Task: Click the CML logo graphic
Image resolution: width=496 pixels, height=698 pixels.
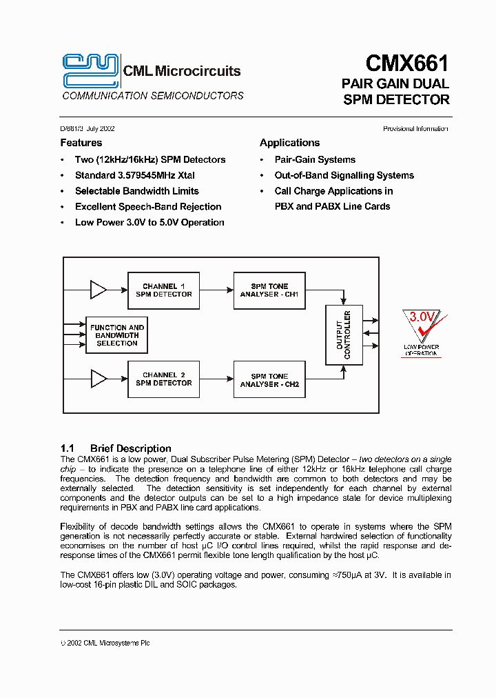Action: pyautogui.click(x=90, y=70)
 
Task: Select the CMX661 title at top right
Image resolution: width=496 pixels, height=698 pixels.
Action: pyautogui.click(x=406, y=64)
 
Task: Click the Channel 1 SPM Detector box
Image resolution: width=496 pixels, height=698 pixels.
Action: pyautogui.click(x=164, y=290)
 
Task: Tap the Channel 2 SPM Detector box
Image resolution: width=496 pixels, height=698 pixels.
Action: pyautogui.click(x=164, y=379)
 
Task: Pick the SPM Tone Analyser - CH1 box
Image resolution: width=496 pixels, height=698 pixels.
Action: pyautogui.click(x=269, y=290)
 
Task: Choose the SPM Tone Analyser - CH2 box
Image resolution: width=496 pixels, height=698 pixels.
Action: pyautogui.click(x=269, y=380)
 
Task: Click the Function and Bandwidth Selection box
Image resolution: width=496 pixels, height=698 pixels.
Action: pyautogui.click(x=117, y=335)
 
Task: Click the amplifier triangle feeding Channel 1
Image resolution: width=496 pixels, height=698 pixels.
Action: pyautogui.click(x=99, y=290)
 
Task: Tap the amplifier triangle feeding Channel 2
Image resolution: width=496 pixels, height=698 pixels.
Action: pyautogui.click(x=99, y=379)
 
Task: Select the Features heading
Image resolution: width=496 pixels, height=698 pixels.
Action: pyautogui.click(x=81, y=143)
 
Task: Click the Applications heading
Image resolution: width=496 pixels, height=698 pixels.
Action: pyautogui.click(x=289, y=143)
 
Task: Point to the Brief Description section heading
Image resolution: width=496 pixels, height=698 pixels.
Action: pyautogui.click(x=130, y=448)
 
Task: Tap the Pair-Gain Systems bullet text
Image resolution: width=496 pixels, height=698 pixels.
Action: pyautogui.click(x=315, y=159)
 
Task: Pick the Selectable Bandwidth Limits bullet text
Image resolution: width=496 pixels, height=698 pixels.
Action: pyautogui.click(x=136, y=191)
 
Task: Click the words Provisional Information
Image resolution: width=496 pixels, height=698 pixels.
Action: pyautogui.click(x=415, y=129)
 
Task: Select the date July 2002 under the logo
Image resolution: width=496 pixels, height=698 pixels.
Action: pyautogui.click(x=101, y=129)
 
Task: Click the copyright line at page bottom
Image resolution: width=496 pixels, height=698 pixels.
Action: pyautogui.click(x=105, y=643)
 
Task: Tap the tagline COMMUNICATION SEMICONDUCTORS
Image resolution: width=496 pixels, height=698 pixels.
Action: pyautogui.click(x=153, y=96)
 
